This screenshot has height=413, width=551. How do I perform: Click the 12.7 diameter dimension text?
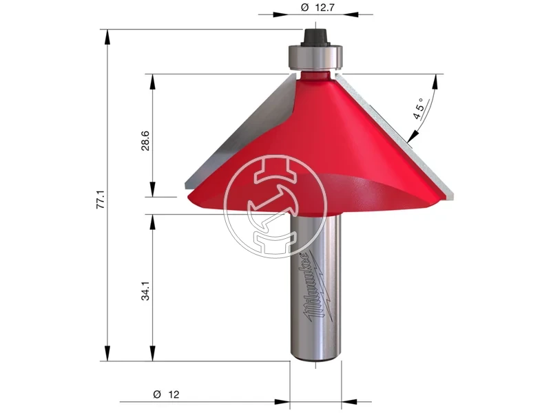pyautogui.click(x=318, y=8)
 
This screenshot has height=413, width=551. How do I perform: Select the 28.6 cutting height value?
pyautogui.click(x=145, y=141)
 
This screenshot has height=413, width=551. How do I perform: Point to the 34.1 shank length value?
pyautogui.click(x=145, y=290)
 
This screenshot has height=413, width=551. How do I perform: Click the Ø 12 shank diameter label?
pyautogui.click(x=166, y=394)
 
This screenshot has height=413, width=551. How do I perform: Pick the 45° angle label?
pyautogui.click(x=420, y=109)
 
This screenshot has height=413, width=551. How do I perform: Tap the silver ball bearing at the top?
pyautogui.click(x=315, y=57)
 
